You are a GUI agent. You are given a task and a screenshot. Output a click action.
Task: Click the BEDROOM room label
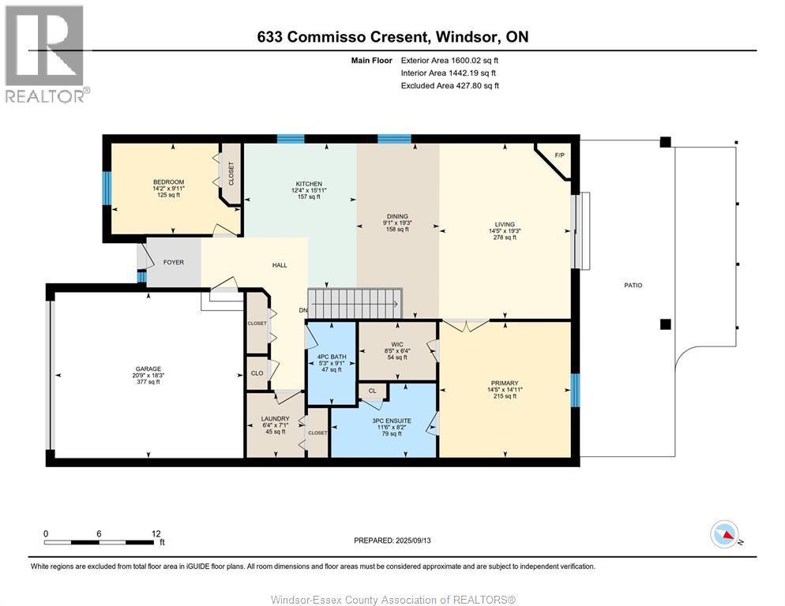tap(167, 182)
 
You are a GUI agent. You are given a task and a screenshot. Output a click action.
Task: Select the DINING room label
tap(397, 215)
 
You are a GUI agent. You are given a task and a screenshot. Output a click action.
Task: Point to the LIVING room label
tap(505, 223)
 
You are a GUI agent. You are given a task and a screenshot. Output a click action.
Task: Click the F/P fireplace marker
tap(560, 155)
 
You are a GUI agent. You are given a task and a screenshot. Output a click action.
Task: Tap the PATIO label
tap(633, 285)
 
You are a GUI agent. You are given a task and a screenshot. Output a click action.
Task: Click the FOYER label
tap(173, 262)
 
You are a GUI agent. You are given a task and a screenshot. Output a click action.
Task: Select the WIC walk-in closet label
tap(397, 345)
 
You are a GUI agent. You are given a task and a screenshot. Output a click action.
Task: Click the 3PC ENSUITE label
tap(392, 421)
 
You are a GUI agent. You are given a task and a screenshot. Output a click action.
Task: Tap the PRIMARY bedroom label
tap(505, 383)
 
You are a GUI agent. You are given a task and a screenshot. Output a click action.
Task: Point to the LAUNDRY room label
tap(276, 418)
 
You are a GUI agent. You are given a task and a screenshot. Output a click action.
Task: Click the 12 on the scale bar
tap(156, 533)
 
